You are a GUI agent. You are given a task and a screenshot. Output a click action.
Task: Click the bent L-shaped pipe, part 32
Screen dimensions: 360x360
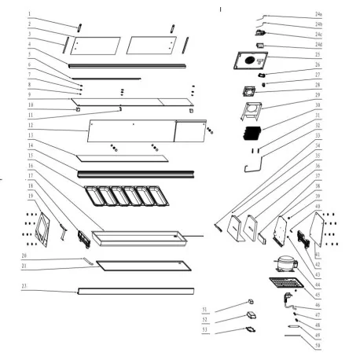(248, 165)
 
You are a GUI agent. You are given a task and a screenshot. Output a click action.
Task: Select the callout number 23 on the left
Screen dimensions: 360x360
(24, 285)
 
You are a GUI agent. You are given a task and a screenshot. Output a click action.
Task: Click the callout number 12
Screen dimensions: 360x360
(29, 125)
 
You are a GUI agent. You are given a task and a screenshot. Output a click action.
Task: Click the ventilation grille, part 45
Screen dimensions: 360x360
(282, 285)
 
